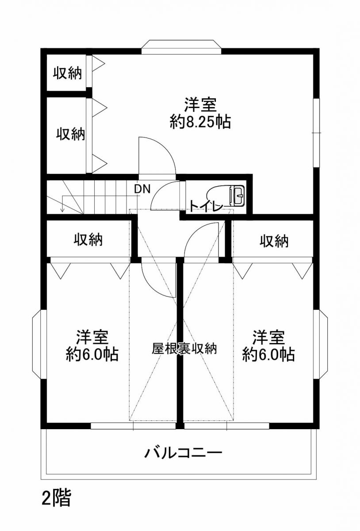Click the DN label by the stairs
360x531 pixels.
click(x=142, y=189)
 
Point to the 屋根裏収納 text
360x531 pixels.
click(x=184, y=349)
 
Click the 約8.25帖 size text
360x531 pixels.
click(x=200, y=122)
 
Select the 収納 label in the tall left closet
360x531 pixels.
click(x=71, y=134)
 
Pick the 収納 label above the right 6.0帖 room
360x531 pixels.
click(x=274, y=241)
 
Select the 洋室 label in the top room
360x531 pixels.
click(x=200, y=104)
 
